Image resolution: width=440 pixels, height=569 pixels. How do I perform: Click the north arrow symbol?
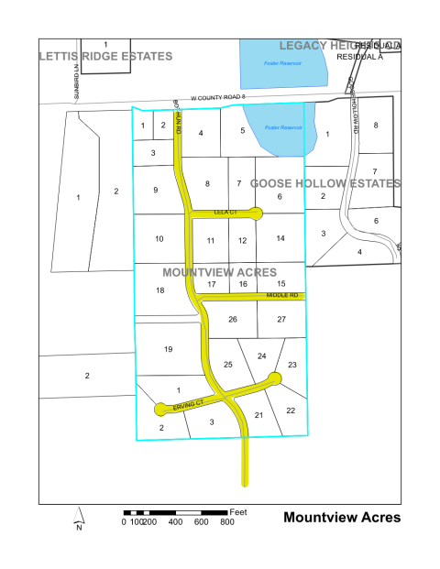(80, 519)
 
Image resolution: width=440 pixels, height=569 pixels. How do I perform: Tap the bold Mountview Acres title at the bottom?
(342, 517)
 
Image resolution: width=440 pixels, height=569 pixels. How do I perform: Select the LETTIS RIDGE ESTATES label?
(105, 57)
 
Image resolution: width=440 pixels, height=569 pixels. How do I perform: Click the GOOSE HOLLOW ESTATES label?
(325, 183)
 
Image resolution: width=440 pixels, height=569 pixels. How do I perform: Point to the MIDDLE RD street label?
(282, 296)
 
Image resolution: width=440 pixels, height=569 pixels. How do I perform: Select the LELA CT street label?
(225, 213)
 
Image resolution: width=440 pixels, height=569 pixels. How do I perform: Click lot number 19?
(168, 350)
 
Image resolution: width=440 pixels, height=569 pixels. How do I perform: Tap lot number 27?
(281, 319)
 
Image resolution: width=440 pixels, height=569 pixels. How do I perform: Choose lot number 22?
(291, 410)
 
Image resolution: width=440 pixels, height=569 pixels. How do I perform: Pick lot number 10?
(159, 239)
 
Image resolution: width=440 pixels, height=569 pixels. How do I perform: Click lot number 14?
(280, 238)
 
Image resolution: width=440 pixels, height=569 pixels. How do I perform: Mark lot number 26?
(233, 319)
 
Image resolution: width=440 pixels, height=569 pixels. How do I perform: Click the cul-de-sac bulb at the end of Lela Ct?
(256, 213)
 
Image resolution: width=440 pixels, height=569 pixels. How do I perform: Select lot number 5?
(243, 131)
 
